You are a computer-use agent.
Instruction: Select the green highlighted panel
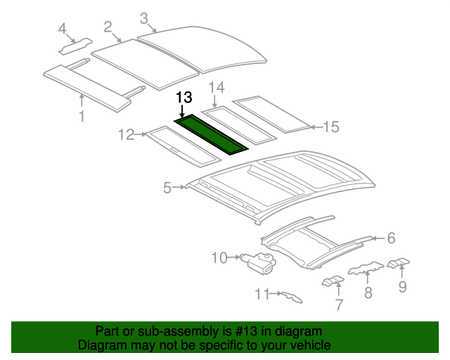tap(212, 135)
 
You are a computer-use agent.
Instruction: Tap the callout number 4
tap(63, 29)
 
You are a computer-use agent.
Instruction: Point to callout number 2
tap(108, 27)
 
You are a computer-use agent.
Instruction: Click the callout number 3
tap(143, 18)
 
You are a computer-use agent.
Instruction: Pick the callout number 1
tap(82, 116)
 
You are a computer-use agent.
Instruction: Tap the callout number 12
tap(126, 134)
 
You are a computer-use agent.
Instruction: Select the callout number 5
tap(167, 187)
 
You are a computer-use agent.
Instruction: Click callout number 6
tap(391, 238)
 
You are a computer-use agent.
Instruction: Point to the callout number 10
tap(219, 258)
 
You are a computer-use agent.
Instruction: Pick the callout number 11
tap(262, 294)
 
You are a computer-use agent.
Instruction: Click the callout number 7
tap(339, 304)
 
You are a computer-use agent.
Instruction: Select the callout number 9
tap(402, 286)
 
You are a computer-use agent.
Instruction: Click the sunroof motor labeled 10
tap(258, 263)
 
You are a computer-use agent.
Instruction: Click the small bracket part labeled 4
tap(74, 46)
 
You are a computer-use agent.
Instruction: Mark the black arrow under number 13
tap(184, 111)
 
